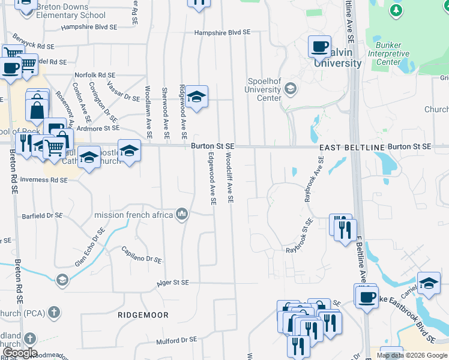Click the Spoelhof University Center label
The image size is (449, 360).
tap(265, 89)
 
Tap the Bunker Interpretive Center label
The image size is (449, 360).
tap(393, 53)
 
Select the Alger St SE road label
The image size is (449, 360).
tap(172, 282)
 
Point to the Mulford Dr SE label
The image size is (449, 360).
tap(176, 339)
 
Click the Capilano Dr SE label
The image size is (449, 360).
tap(142, 255)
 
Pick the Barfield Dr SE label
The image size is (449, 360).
tap(42, 215)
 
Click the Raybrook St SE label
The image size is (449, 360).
tap(300, 236)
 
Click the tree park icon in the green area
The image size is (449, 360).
tap(396, 10)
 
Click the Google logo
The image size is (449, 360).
tap(20, 353)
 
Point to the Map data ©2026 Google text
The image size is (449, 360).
tap(412, 355)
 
